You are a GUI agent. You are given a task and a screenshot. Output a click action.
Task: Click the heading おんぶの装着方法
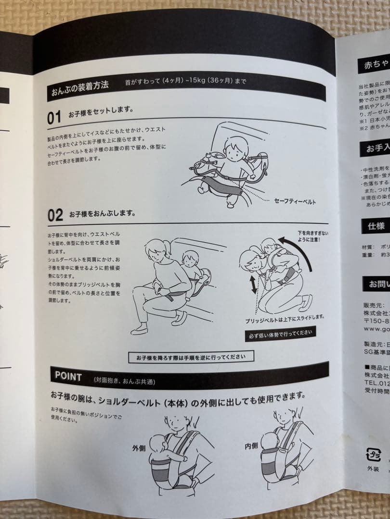(80, 90)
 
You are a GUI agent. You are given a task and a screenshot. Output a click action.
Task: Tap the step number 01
(54, 118)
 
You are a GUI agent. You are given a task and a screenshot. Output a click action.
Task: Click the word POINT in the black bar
(68, 376)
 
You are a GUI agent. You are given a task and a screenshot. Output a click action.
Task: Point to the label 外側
(139, 448)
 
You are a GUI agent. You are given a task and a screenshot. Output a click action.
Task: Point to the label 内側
(251, 445)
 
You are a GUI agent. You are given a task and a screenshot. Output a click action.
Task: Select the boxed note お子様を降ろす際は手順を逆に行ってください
(191, 357)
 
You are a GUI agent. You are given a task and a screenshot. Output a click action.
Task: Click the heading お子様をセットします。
(101, 115)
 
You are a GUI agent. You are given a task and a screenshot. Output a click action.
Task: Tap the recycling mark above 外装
(373, 455)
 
